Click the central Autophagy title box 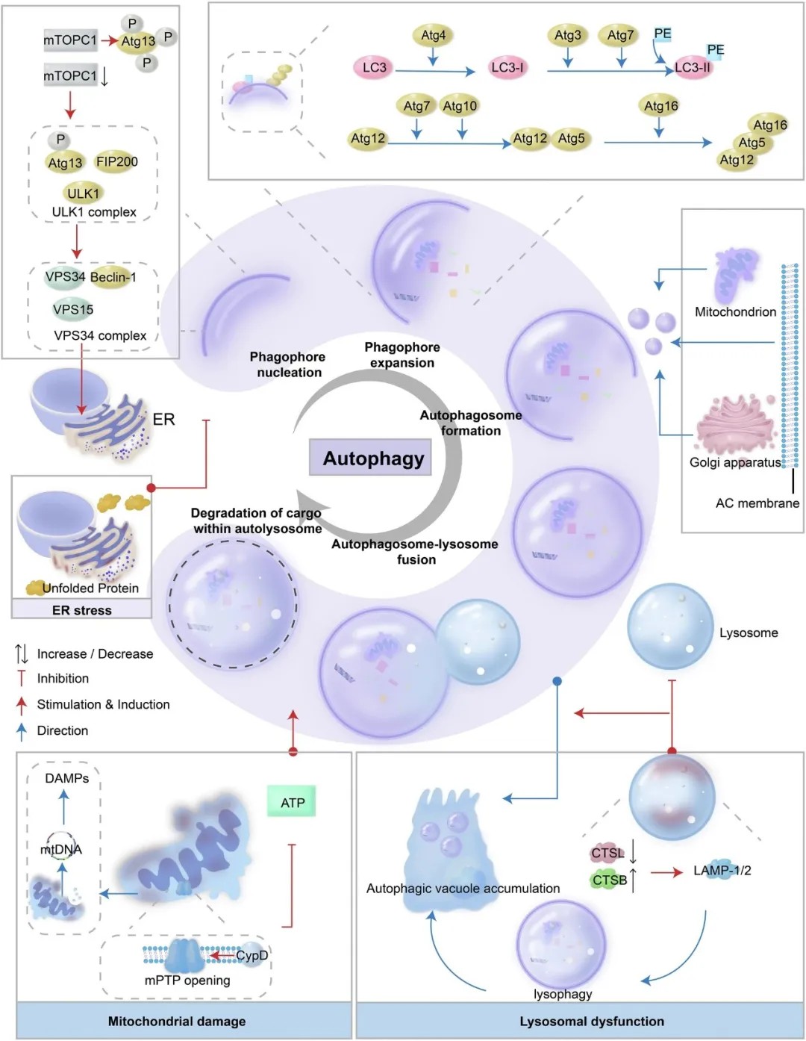372,458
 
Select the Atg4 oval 433,35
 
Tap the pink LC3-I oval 507,67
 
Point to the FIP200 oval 116,161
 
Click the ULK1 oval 83,193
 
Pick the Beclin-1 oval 113,277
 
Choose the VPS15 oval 72,309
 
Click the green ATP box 292,803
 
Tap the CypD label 252,955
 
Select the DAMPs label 66,778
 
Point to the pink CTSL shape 607,853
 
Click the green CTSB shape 609,880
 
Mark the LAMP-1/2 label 722,870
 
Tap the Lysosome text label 748,633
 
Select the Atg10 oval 459,106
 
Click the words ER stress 81,610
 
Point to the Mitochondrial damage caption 176,1021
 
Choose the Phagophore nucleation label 288,364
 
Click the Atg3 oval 567,35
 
